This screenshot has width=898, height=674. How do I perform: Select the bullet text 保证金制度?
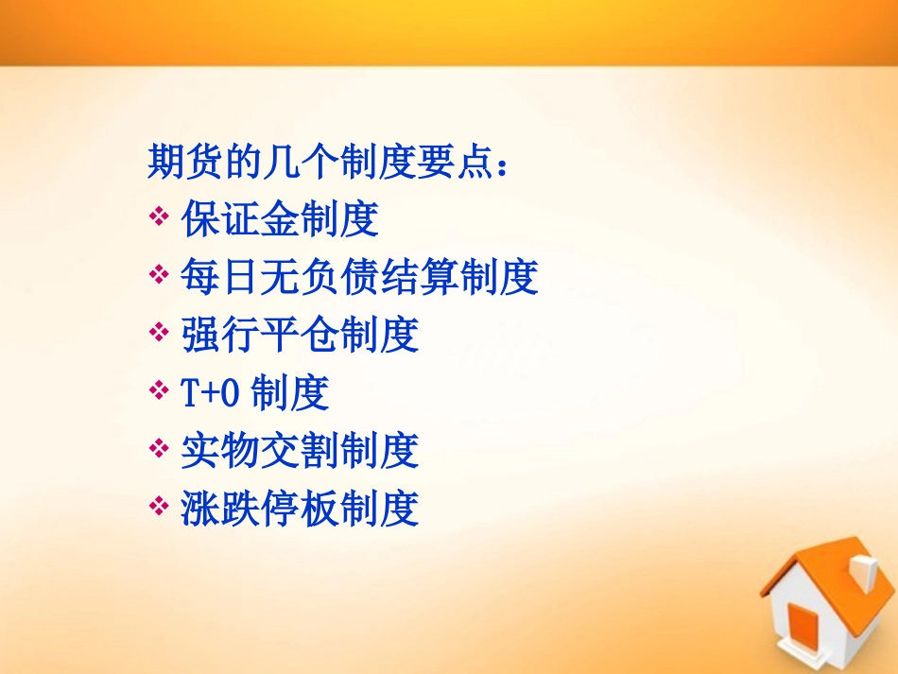point(280,219)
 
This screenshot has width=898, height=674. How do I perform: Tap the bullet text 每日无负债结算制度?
point(359,278)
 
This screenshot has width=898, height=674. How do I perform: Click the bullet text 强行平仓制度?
point(300,336)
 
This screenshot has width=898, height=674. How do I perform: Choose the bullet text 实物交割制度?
point(300,452)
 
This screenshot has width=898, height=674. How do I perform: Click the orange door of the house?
point(804,629)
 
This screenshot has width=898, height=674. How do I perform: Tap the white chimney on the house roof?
point(864,572)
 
